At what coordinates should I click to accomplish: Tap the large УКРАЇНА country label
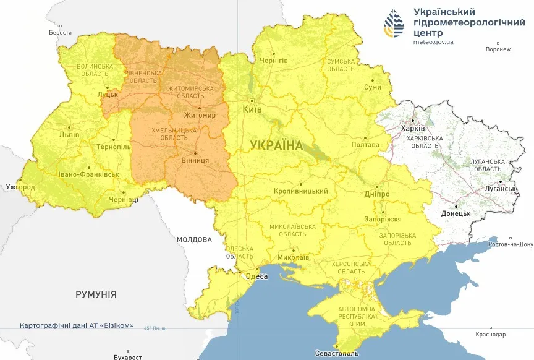pyautogui.click(x=277, y=145)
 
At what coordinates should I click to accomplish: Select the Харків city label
pyautogui.click(x=413, y=128)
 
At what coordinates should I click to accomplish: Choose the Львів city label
pyautogui.click(x=69, y=134)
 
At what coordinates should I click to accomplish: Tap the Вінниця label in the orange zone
pyautogui.click(x=197, y=161)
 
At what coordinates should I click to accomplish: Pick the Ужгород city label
pyautogui.click(x=20, y=186)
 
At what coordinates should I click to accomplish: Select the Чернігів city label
pyautogui.click(x=273, y=61)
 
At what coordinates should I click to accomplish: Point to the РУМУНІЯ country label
pyautogui.click(x=96, y=294)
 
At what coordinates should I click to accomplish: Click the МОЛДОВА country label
pyautogui.click(x=193, y=239)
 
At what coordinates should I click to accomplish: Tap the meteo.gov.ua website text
pyautogui.click(x=433, y=42)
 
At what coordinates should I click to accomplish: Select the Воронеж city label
pyautogui.click(x=498, y=49)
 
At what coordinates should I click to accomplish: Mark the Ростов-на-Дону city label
pyautogui.click(x=509, y=244)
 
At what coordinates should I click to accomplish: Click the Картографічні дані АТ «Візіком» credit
pyautogui.click(x=77, y=325)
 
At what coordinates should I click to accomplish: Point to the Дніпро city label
pyautogui.click(x=376, y=194)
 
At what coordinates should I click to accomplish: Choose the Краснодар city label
pyautogui.click(x=491, y=335)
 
